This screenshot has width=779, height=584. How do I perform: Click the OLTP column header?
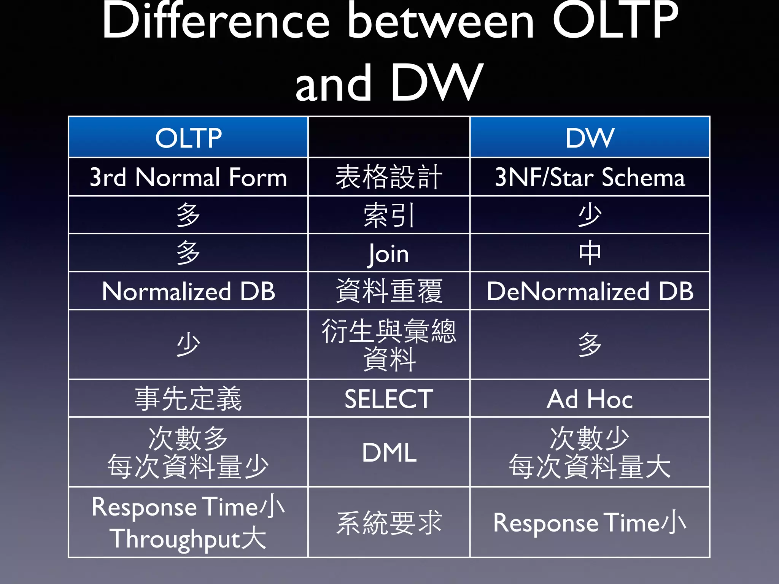point(188,138)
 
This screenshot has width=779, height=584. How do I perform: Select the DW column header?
point(590,138)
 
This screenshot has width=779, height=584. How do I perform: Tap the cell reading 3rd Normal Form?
point(188,177)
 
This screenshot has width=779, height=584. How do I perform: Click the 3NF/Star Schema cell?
point(590,177)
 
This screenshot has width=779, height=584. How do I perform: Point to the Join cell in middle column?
point(389,254)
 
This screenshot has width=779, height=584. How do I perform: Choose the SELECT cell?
point(389,399)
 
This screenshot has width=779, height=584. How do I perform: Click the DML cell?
point(389,452)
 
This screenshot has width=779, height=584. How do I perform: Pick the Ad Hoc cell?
point(590,399)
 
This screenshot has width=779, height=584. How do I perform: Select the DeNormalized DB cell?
point(590,292)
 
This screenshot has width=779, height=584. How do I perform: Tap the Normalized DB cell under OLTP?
point(188,292)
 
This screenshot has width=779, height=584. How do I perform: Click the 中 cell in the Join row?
point(590,253)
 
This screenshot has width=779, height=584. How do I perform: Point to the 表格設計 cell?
point(389,177)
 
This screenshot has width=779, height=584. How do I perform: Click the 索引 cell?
point(389,215)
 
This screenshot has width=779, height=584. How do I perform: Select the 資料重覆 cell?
point(389,291)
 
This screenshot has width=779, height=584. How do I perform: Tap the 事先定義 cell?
point(188,399)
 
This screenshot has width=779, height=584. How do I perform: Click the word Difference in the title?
point(215,21)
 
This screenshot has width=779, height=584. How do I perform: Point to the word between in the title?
point(441,21)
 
